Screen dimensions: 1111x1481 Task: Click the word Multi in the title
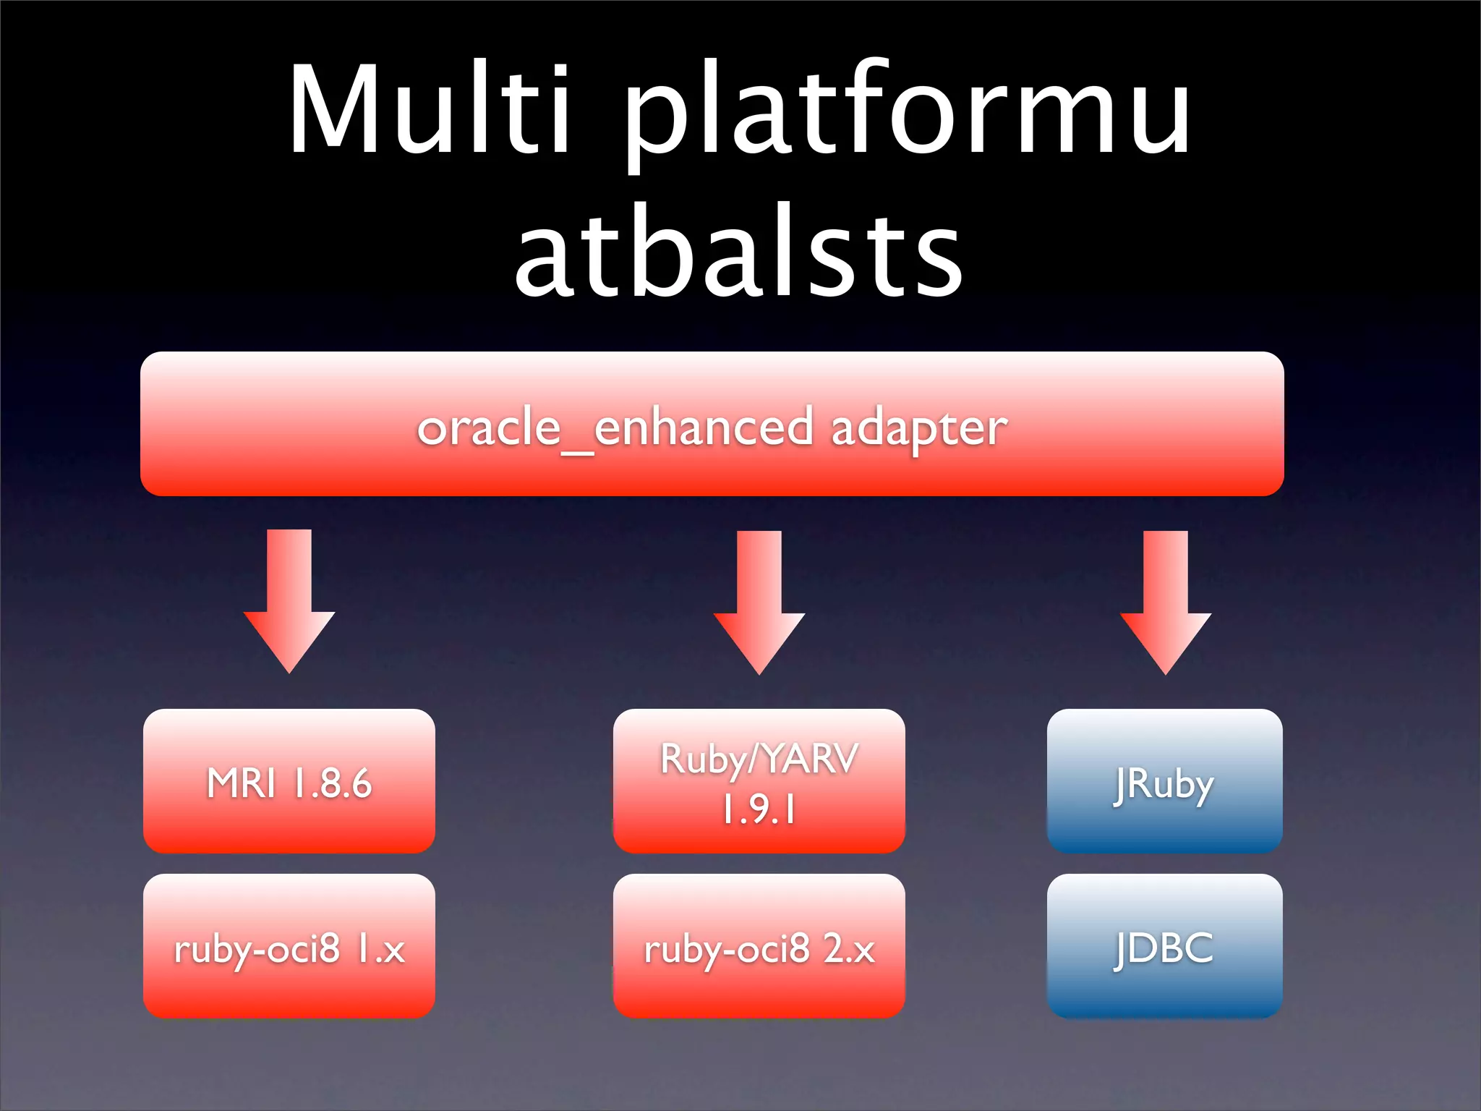(431, 110)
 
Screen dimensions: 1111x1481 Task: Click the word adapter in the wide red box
(918, 428)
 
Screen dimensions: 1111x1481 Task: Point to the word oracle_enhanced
(615, 428)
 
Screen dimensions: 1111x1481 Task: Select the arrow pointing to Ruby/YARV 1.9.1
(759, 600)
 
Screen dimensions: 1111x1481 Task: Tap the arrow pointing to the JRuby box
(1166, 600)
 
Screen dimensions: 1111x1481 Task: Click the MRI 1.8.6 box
(289, 781)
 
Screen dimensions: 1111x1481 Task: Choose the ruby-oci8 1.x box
(289, 946)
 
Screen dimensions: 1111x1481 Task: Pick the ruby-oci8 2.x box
(759, 946)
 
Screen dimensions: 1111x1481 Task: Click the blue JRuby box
(1164, 781)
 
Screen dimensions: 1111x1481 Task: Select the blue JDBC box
(1164, 946)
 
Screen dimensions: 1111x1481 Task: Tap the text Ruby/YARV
(759, 759)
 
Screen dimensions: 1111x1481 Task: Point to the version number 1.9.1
(759, 810)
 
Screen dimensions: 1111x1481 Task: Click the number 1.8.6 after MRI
(332, 783)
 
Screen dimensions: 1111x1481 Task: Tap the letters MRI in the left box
(241, 783)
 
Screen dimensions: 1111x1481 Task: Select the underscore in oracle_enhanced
(577, 453)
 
